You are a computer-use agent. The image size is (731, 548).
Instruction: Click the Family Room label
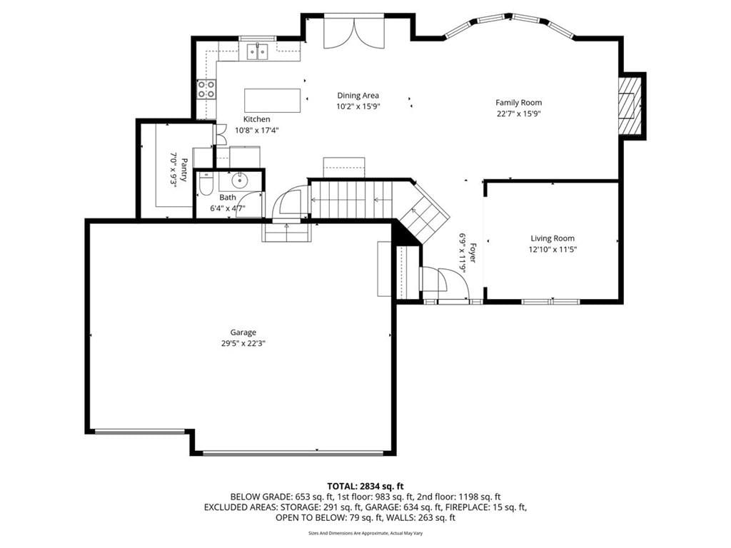click(518, 103)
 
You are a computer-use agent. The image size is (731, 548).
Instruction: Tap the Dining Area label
click(358, 96)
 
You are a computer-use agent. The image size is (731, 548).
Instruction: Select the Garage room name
click(243, 333)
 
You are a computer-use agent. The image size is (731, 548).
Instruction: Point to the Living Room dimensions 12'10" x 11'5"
click(553, 249)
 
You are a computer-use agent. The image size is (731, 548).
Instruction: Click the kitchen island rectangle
click(272, 100)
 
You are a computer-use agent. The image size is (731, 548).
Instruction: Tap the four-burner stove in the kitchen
click(206, 89)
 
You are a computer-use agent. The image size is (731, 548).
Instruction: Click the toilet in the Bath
click(206, 184)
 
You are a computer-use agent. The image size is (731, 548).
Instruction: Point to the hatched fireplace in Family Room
click(630, 106)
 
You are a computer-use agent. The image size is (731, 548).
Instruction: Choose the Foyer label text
click(473, 253)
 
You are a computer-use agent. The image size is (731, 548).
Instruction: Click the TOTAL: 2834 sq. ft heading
click(365, 487)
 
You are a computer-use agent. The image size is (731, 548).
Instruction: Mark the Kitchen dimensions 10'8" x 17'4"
click(257, 131)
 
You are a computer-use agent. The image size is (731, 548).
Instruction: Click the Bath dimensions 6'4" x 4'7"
click(228, 208)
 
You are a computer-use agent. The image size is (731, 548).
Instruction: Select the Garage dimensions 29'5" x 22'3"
click(243, 343)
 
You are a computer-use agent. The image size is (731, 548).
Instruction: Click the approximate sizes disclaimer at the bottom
click(365, 533)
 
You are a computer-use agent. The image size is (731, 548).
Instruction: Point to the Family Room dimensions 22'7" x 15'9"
click(518, 113)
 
